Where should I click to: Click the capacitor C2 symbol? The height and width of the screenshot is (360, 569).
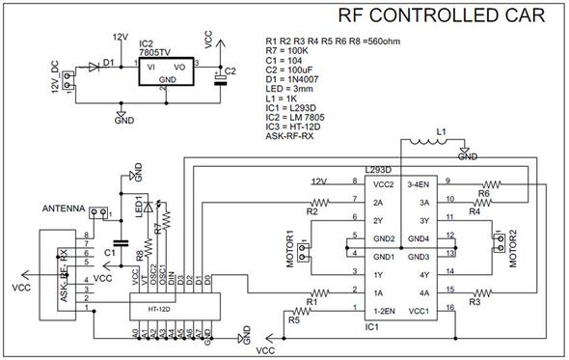tap(221, 76)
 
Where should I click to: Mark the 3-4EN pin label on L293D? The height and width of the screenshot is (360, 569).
tap(419, 183)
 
